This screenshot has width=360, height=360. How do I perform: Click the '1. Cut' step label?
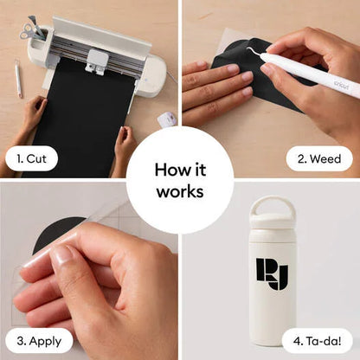[31, 158]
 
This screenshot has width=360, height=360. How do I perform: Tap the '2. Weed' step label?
[319, 158]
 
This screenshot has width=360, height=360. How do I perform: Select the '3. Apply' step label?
[39, 341]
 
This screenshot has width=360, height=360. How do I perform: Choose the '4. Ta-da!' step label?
[318, 341]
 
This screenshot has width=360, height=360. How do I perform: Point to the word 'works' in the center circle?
[180, 191]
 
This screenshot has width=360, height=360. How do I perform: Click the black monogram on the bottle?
[272, 273]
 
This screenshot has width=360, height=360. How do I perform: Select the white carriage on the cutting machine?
[97, 62]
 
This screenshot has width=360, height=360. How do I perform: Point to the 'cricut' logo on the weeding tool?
[341, 85]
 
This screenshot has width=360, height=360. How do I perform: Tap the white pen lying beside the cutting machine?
[18, 78]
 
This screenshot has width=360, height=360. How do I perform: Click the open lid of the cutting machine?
[101, 34]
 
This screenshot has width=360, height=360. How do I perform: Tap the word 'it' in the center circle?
[199, 170]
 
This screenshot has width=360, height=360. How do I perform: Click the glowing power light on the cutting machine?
[145, 80]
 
